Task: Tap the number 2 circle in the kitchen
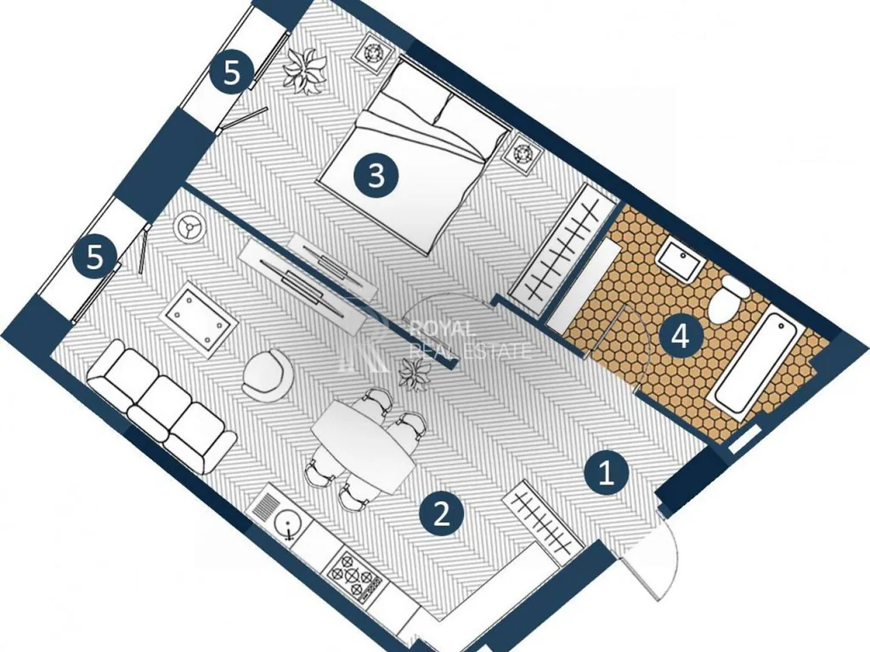point(442,514)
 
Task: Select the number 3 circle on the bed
point(376,176)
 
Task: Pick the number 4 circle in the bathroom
point(681,335)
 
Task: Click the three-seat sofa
point(162,406)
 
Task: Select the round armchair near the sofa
point(267,374)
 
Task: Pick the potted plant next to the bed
point(303,70)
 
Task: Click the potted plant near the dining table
point(415,374)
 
